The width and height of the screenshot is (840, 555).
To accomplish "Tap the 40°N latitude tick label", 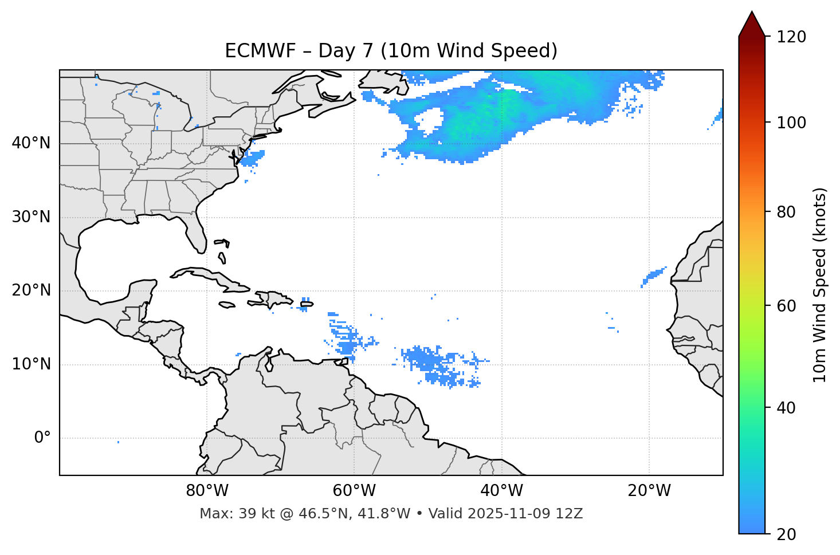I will [x=31, y=143].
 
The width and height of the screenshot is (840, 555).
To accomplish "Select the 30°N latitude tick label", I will [x=31, y=217].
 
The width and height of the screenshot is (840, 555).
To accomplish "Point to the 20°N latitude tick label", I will [x=31, y=290].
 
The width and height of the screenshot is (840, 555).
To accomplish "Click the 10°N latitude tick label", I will [x=31, y=364].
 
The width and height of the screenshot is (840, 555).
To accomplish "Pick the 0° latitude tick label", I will [x=42, y=438].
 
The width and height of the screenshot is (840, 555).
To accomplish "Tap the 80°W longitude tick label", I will [x=207, y=491].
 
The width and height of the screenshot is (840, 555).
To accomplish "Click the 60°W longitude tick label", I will [x=354, y=491].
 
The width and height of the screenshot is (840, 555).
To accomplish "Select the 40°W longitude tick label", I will [x=502, y=491].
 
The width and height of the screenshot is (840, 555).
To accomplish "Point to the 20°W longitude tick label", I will [x=649, y=491].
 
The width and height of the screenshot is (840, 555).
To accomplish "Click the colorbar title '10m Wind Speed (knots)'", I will [x=820, y=285].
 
